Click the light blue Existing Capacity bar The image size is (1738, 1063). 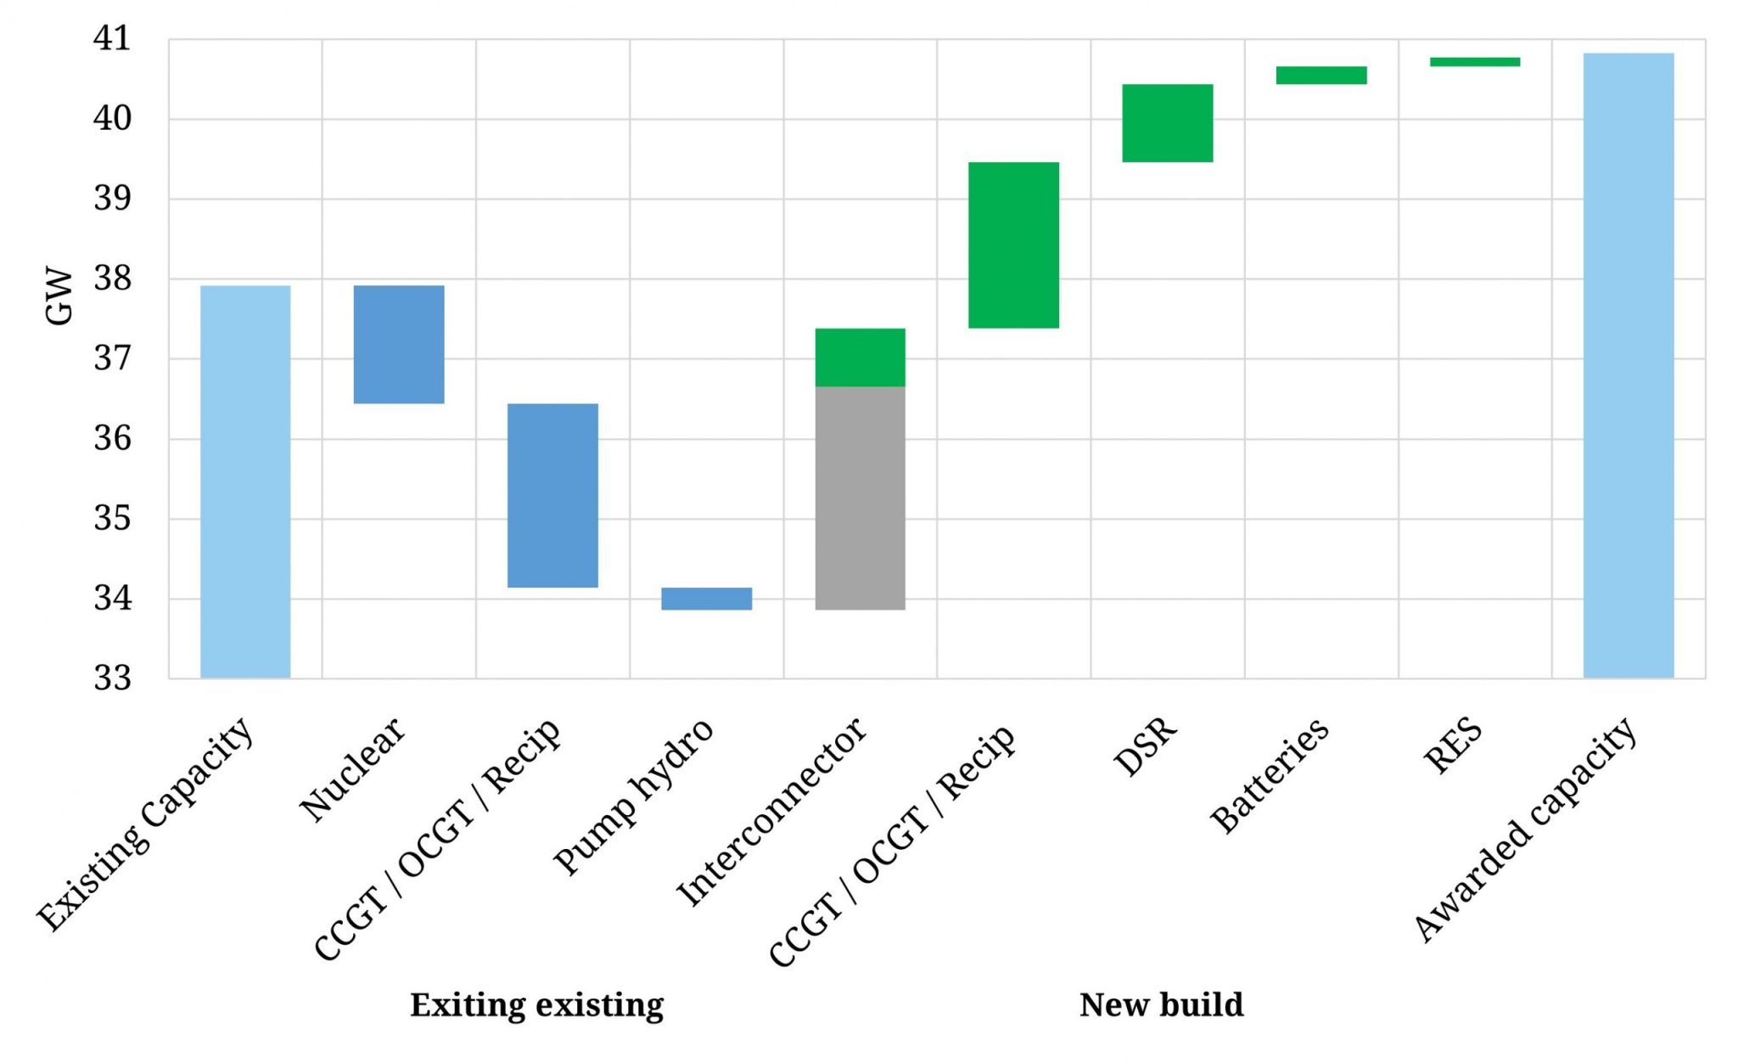point(245,481)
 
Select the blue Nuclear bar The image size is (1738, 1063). point(399,344)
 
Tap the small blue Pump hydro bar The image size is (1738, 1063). point(706,599)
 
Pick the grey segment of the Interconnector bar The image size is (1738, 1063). point(860,498)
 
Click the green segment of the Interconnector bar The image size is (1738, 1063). point(860,357)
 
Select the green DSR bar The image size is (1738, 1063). point(1167,123)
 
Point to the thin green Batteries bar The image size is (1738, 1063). point(1320,75)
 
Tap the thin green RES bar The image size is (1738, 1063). point(1474,61)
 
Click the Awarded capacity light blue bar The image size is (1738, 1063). point(1628,365)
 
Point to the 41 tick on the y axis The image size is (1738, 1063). point(112,39)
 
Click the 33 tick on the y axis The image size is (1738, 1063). point(112,678)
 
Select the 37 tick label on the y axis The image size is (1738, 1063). point(112,358)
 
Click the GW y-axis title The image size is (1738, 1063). point(59,296)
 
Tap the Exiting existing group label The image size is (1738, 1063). point(536,1004)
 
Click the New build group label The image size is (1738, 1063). point(1160,1004)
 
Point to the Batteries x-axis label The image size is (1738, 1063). point(1270,773)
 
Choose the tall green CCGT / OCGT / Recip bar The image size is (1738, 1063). point(1013,245)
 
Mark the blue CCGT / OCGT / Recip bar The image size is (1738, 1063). point(552,495)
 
